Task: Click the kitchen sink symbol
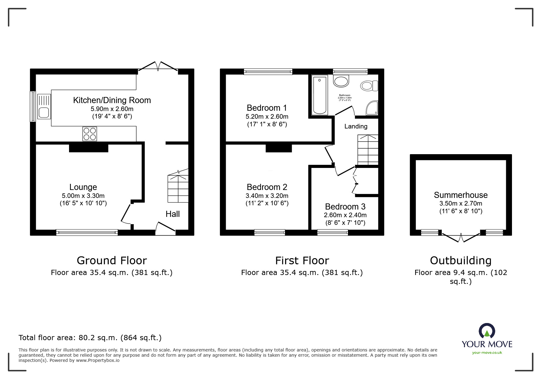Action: [x=44, y=106]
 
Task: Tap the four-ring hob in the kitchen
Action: [x=90, y=134]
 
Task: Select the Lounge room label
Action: [x=83, y=187]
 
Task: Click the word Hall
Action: [x=173, y=214]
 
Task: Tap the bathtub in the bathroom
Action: [x=320, y=95]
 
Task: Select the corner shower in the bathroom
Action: [x=372, y=108]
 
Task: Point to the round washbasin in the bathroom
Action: [x=341, y=81]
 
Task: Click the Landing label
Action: [x=356, y=126]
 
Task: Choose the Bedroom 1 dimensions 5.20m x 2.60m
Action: [x=267, y=117]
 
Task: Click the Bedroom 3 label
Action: [x=345, y=206]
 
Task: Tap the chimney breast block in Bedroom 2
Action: [x=279, y=148]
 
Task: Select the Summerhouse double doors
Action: [x=461, y=237]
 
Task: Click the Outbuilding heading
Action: [x=461, y=261]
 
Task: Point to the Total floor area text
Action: [x=90, y=338]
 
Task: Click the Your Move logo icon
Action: [x=487, y=331]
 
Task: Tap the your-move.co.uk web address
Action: [x=487, y=353]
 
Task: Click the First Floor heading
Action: [x=302, y=261]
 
